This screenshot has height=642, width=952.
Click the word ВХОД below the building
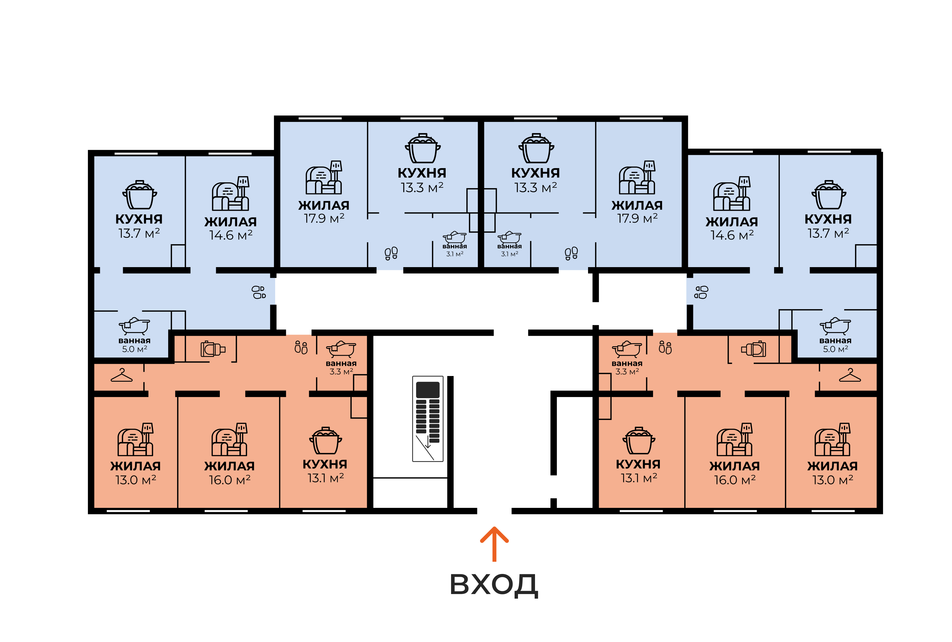494,585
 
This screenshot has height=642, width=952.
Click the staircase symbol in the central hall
427,419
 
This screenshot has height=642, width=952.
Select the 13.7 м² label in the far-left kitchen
139,233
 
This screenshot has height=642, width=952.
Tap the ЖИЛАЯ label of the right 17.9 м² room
637,205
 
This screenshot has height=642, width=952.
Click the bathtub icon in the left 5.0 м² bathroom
134,326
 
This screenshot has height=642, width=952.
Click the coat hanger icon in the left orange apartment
122,375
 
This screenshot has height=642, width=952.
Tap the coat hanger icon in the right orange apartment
850,375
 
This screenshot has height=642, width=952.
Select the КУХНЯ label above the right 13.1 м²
638,464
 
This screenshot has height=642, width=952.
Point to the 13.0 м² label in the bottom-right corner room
833,480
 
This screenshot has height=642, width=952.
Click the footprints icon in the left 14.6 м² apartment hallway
259,292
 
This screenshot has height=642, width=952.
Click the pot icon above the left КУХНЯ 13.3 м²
423,148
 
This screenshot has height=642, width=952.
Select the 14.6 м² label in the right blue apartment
732,235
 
